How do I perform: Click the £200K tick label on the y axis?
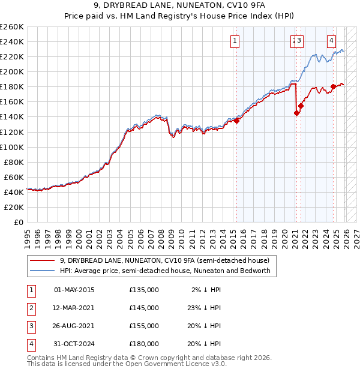coord(12,71)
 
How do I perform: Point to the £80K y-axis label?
coord(14,162)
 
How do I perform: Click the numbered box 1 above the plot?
coord(234,41)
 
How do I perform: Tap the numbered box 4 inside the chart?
coord(331,41)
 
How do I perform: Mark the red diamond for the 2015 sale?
coord(236,121)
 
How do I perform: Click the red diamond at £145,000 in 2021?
coord(296,113)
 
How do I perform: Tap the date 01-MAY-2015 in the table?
coord(74,290)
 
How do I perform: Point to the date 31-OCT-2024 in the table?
coord(74,344)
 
